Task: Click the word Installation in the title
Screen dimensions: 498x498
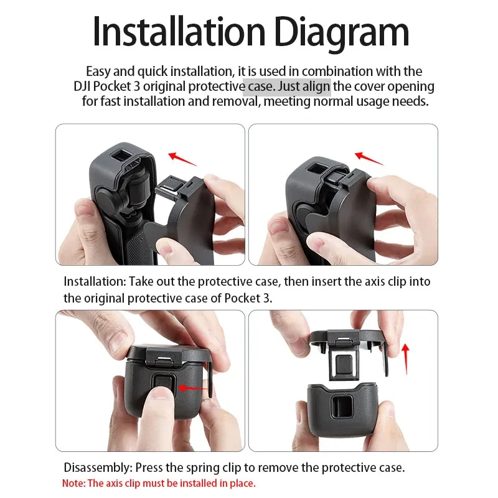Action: [179, 32]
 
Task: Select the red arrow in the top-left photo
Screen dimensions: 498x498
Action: [182, 159]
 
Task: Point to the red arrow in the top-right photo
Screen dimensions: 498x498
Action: [369, 158]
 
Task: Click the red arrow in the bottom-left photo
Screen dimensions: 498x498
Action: [193, 388]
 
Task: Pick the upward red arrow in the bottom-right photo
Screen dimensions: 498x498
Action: [406, 359]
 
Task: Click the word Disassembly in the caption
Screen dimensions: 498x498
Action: [98, 468]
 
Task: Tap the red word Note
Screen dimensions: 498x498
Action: [73, 484]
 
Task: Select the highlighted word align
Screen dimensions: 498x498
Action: [316, 87]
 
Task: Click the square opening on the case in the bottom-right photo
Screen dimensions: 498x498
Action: [341, 407]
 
